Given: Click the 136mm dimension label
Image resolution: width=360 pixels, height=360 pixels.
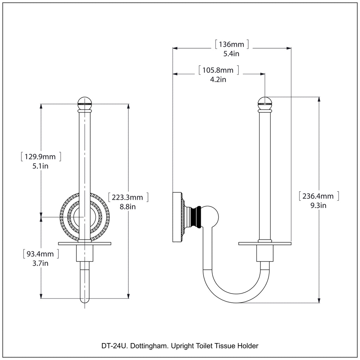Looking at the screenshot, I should (231, 45).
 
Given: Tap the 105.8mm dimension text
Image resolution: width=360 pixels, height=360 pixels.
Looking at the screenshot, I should (218, 70).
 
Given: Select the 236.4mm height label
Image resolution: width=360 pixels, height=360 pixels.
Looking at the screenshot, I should (318, 196).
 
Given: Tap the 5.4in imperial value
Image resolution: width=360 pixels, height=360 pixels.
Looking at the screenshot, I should (231, 54).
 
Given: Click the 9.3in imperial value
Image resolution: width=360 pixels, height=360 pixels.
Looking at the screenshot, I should (318, 205).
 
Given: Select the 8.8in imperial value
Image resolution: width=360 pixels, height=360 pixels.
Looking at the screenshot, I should (128, 207).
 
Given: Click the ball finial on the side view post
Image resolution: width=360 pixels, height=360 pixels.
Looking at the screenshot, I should (265, 103).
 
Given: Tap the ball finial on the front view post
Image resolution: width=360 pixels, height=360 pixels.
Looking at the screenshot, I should (84, 103).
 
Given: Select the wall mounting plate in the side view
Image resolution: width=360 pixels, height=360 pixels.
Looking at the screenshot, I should (178, 217).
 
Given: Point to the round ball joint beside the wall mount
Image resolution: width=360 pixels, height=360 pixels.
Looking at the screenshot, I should (210, 217).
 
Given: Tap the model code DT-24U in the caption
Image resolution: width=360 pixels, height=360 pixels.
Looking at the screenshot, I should (115, 346).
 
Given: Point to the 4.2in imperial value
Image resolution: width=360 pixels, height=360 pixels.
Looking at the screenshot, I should (218, 79).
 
